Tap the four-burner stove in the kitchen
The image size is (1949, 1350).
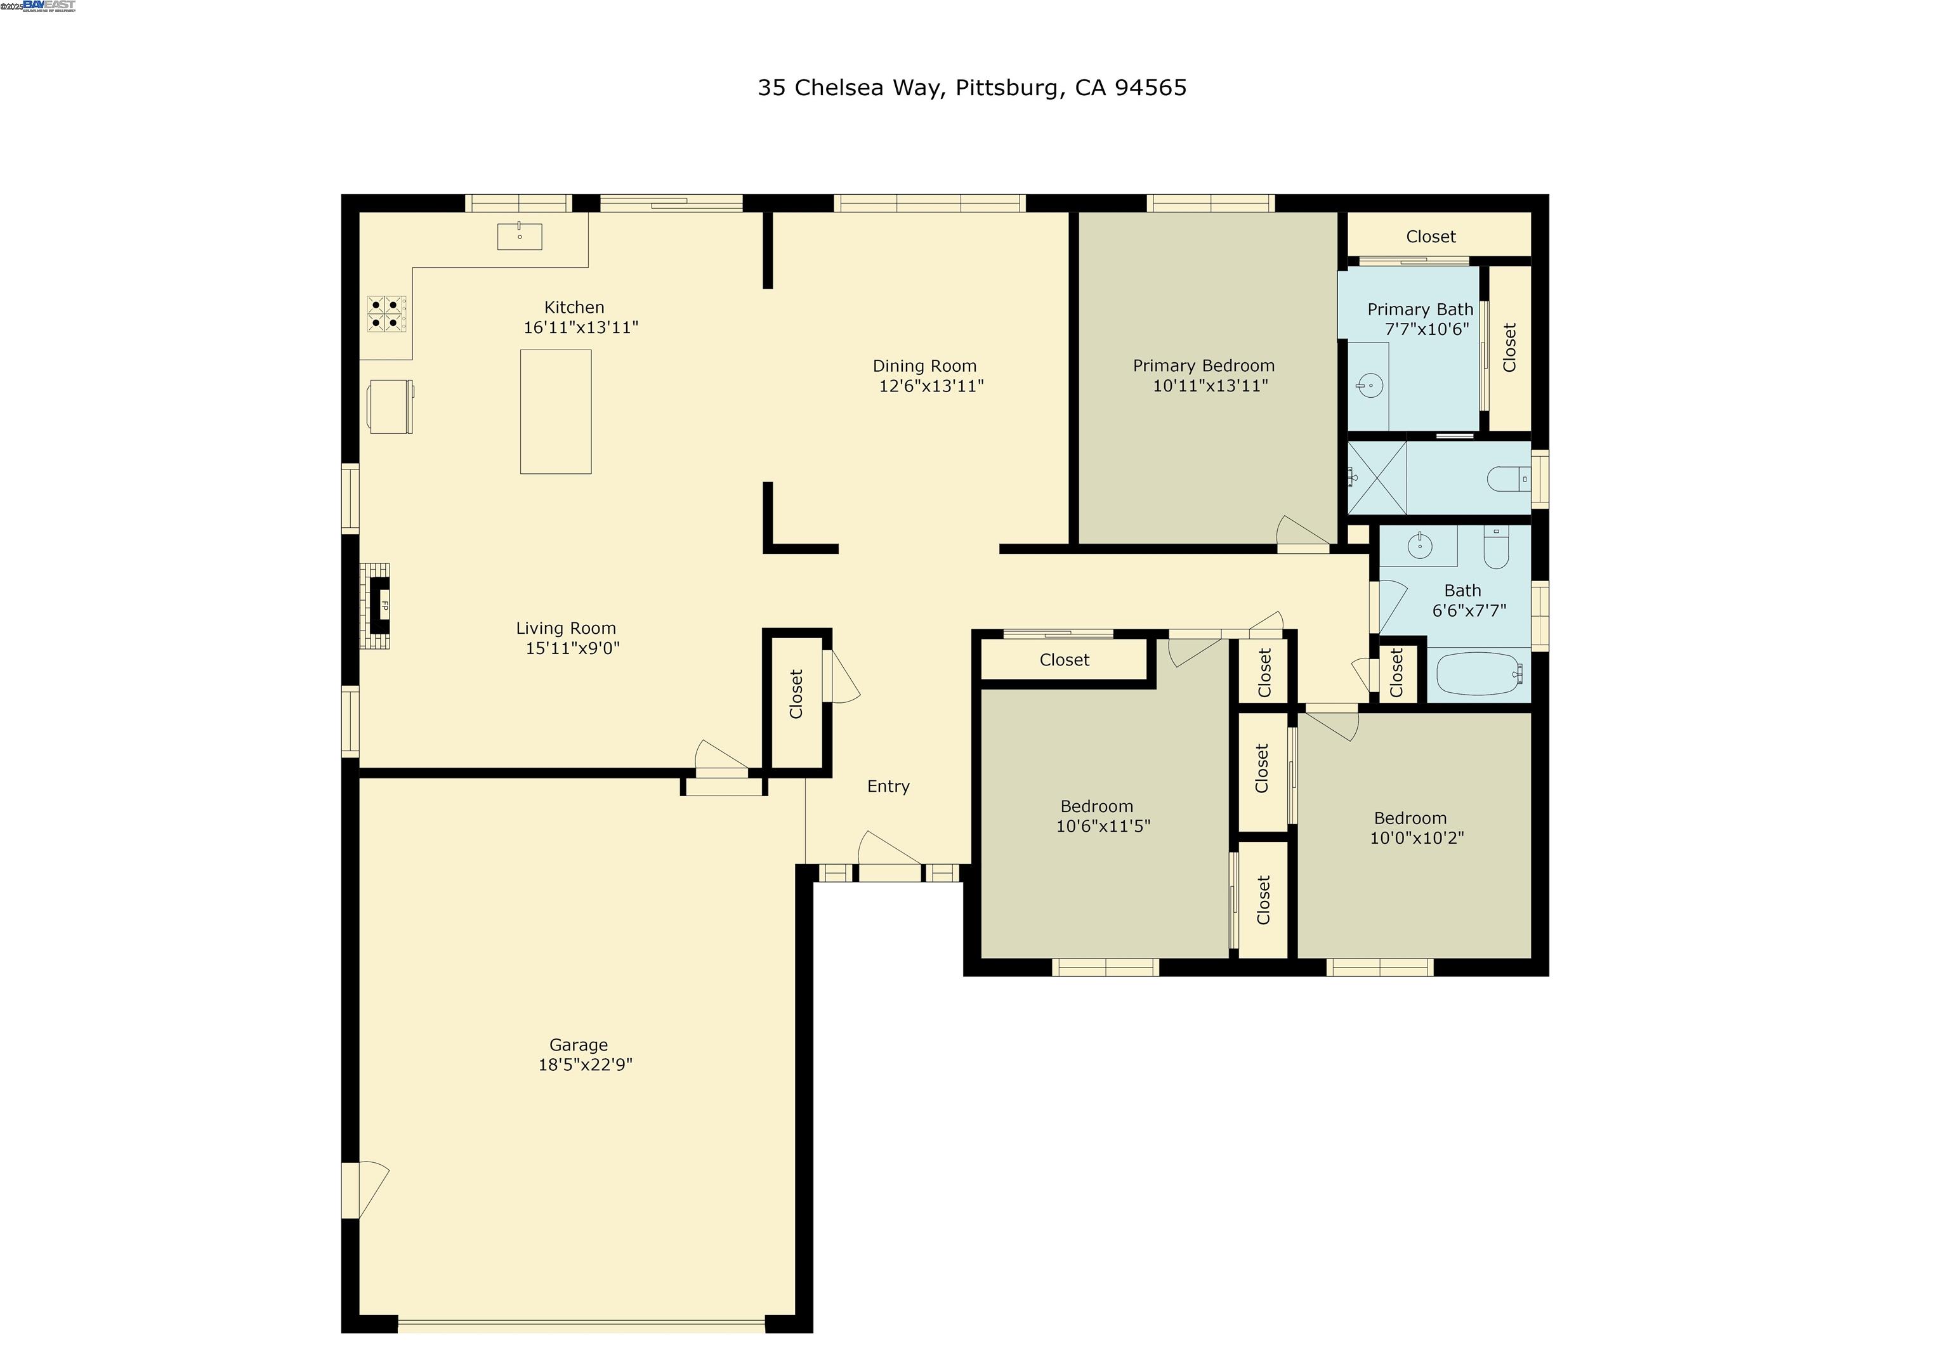pyautogui.click(x=386, y=314)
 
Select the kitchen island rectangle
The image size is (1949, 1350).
pyautogui.click(x=555, y=411)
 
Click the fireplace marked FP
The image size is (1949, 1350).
pyautogui.click(x=380, y=606)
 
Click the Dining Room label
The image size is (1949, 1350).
pyautogui.click(x=924, y=365)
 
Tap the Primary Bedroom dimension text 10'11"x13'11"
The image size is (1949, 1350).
pyautogui.click(x=1210, y=386)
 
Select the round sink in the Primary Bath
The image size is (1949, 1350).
pyautogui.click(x=1368, y=386)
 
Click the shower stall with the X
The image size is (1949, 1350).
pyautogui.click(x=1377, y=478)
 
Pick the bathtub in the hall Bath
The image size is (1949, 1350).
pyautogui.click(x=1479, y=673)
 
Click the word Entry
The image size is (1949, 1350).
pyautogui.click(x=888, y=786)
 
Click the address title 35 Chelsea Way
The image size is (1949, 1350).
pyautogui.click(x=971, y=88)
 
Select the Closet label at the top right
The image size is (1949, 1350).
pyautogui.click(x=1431, y=237)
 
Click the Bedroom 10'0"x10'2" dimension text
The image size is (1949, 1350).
pyautogui.click(x=1417, y=837)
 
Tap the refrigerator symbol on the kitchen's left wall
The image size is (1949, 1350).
pyautogui.click(x=390, y=407)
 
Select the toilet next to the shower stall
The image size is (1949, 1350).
pyautogui.click(x=1507, y=479)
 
